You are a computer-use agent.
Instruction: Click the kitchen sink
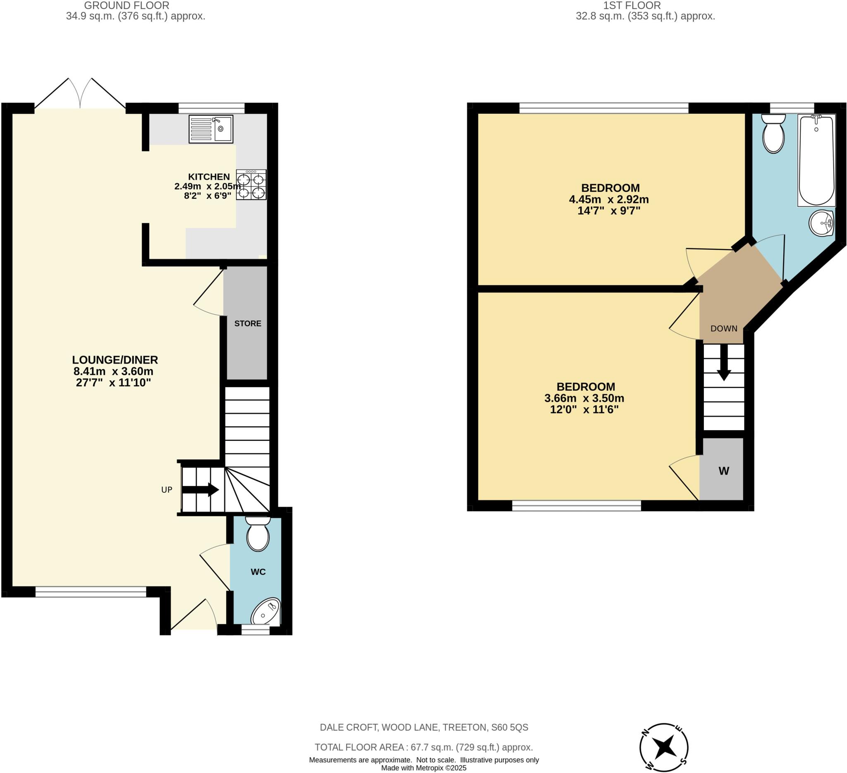[x=211, y=129]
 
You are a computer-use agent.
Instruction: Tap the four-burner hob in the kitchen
[x=251, y=184]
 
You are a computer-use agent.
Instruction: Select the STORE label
[x=247, y=323]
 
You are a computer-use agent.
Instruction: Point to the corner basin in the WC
[x=266, y=612]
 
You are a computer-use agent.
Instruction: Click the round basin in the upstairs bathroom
[x=821, y=223]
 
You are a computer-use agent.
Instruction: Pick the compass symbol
[x=664, y=747]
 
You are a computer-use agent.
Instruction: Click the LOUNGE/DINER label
[x=115, y=359]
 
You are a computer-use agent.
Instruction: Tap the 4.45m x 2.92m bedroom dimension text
[x=609, y=199]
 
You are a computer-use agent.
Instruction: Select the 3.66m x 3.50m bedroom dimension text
[x=584, y=398]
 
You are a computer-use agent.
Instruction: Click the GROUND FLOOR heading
[x=127, y=5]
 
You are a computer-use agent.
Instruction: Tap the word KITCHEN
[x=209, y=177]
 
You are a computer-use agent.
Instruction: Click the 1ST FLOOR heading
[x=632, y=5]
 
